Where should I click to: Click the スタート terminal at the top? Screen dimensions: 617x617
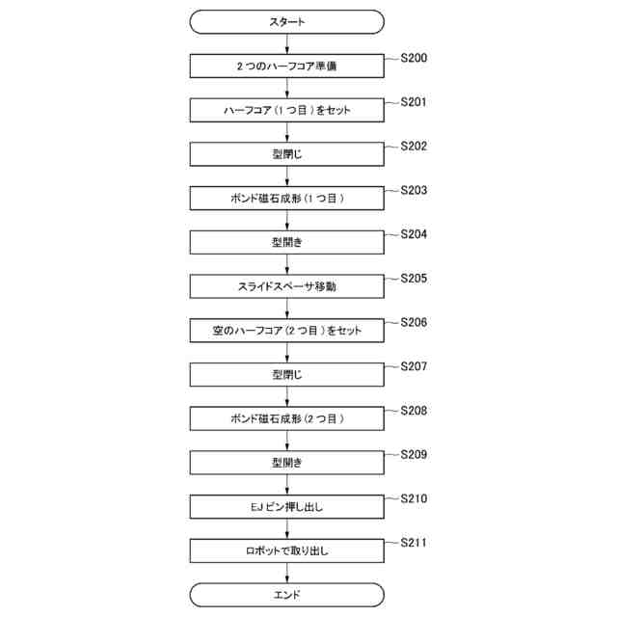[286, 21]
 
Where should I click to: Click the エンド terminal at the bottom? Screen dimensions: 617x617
[286, 595]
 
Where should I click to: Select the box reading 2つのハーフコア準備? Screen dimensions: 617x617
[286, 67]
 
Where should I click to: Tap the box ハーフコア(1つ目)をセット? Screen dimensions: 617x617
[286, 110]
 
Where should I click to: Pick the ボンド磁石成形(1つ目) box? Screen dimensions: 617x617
[286, 199]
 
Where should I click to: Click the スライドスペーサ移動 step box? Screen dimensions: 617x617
[286, 286]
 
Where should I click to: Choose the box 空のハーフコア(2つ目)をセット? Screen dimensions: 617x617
[286, 331]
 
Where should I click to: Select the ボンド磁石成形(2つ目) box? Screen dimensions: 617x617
[286, 418]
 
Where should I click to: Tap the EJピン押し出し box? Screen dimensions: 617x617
[286, 507]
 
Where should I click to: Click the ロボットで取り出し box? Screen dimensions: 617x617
[286, 550]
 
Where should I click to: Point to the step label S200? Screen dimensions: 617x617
[414, 59]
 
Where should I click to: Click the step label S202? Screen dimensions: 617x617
[414, 147]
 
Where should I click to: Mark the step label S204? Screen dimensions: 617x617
[414, 235]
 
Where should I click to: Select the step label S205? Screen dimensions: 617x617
[414, 279]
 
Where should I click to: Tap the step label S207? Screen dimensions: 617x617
[414, 367]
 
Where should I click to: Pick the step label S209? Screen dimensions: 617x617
[414, 455]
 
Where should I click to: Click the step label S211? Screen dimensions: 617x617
[414, 544]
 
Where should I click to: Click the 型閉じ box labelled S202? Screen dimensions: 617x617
[286, 154]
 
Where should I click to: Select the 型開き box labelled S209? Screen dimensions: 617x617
[286, 463]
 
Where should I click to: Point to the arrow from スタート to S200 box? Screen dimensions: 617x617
[286, 43]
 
